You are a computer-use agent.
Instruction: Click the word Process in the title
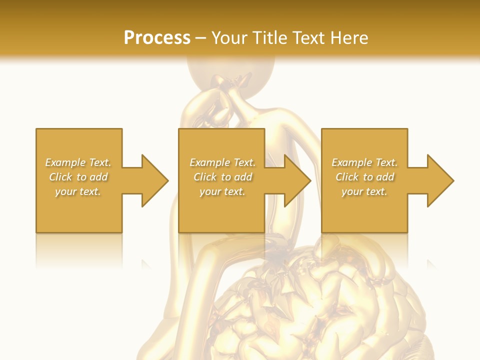pyautogui.click(x=157, y=38)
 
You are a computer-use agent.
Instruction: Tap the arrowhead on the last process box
pyautogui.click(x=439, y=180)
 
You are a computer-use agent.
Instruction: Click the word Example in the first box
pyautogui.click(x=65, y=162)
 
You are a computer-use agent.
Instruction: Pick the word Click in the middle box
pyautogui.click(x=204, y=177)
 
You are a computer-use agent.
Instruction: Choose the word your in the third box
pyautogui.click(x=352, y=191)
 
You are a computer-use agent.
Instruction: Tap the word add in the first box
pyautogui.click(x=98, y=177)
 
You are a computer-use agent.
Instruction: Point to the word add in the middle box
pyautogui.click(x=243, y=177)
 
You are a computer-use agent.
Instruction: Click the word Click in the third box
pyautogui.click(x=346, y=177)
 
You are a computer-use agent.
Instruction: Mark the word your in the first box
pyautogui.click(x=65, y=191)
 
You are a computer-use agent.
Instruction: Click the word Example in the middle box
pyautogui.click(x=209, y=162)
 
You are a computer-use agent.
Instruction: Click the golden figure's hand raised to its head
pyautogui.click(x=227, y=90)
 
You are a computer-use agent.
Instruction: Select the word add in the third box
pyautogui.click(x=385, y=177)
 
